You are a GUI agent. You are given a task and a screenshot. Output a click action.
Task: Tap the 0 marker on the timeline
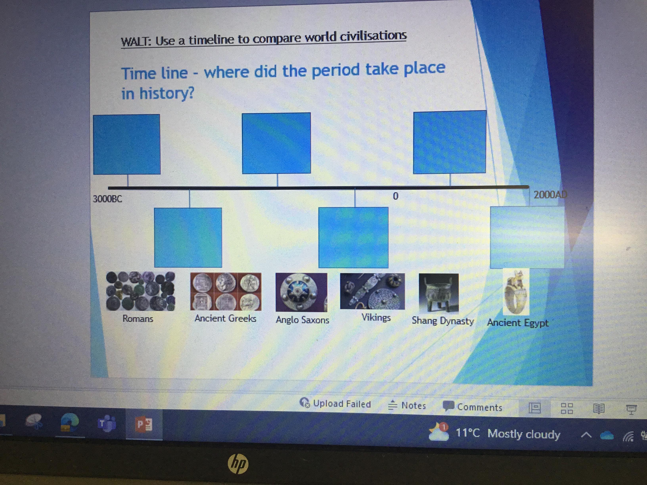click(395, 196)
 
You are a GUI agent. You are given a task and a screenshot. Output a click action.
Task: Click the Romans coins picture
click(140, 291)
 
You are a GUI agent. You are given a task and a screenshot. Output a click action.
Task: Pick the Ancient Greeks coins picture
click(226, 291)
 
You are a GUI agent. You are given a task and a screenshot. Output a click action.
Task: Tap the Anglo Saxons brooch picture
click(301, 292)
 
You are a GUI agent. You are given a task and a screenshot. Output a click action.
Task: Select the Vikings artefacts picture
click(372, 291)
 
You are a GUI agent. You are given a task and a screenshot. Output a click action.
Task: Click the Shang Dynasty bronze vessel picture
click(439, 293)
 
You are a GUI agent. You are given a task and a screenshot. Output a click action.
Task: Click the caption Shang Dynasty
click(443, 321)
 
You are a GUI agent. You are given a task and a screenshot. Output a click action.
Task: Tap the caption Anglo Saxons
click(302, 320)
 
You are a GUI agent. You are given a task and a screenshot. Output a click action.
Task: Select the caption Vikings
click(376, 317)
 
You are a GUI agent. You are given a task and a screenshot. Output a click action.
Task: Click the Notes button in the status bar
click(407, 406)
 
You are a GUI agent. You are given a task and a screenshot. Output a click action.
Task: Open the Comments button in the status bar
click(473, 407)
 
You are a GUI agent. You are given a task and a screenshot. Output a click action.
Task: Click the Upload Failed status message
click(335, 403)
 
